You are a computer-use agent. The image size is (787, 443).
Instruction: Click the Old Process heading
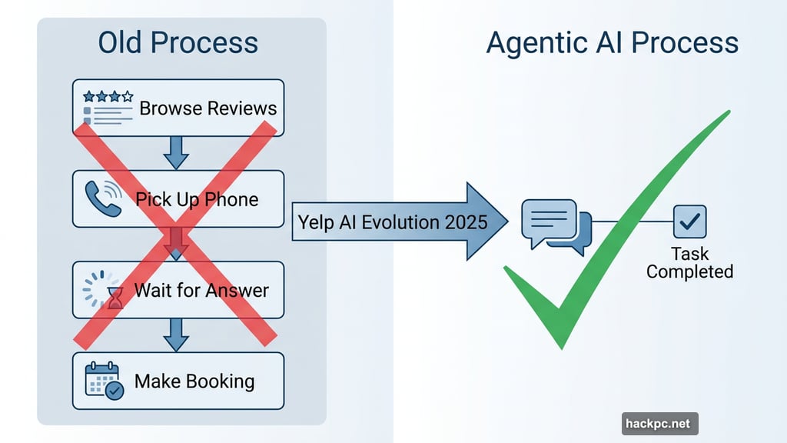(178, 43)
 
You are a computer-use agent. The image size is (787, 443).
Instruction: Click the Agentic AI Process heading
(612, 43)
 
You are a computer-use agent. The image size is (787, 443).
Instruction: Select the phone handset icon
(101, 198)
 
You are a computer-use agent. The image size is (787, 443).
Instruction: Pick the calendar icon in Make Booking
(103, 380)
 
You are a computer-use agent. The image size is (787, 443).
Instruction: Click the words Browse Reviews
(208, 108)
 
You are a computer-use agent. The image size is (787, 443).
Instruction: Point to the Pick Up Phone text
(197, 199)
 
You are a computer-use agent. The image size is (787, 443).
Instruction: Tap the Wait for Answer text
(201, 291)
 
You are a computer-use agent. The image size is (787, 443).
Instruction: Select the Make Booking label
(194, 381)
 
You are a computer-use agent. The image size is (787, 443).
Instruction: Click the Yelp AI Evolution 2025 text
(392, 222)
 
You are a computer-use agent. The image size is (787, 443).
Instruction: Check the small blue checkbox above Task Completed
(689, 221)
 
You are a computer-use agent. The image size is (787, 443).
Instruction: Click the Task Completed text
(689, 262)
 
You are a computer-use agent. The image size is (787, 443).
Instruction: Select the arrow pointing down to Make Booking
(177, 334)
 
